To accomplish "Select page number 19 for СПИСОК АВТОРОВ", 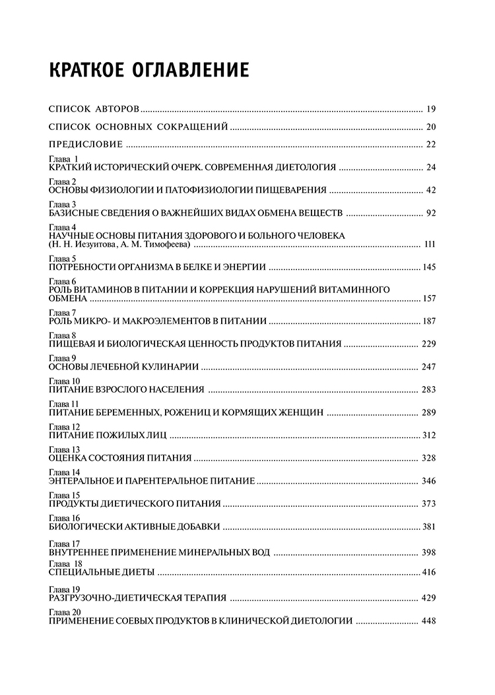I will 432,110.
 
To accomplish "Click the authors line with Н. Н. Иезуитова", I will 119,245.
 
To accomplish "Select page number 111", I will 430,245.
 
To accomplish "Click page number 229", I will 430,345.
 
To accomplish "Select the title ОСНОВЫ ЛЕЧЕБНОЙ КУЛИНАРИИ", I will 125,366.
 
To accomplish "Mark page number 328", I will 430,458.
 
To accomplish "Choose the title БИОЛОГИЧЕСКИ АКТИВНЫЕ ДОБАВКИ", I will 135,527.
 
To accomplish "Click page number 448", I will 430,621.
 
